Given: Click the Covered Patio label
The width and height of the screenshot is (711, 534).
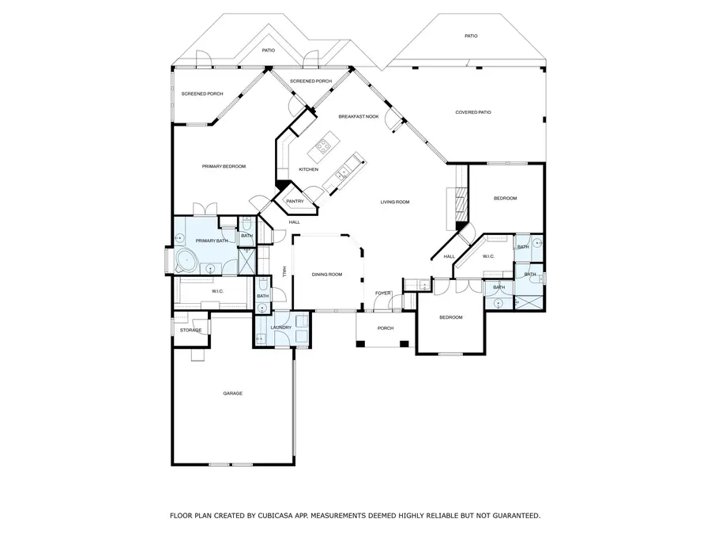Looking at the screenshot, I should point(473,112).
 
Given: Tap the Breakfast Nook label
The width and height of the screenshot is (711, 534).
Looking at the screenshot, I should point(359,116).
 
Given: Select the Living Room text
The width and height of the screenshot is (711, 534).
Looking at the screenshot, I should point(395,202).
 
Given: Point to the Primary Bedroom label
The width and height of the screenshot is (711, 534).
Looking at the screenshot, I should point(224,166).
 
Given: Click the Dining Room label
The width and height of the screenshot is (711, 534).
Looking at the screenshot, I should point(326,274).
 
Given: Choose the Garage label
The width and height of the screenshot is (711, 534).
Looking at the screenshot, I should point(232,393).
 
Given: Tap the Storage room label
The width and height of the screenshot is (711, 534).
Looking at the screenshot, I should point(190,330).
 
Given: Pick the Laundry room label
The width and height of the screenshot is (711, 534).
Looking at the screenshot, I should point(280,328).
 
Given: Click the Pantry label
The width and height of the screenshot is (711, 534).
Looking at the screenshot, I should point(295,201).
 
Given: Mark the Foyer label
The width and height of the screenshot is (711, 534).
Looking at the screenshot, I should point(383,293).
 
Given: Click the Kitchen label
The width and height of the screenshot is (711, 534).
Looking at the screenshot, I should point(308,169).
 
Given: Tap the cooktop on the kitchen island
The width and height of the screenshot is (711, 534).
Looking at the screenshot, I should point(324,145).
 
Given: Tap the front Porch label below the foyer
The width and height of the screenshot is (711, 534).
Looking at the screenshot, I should point(385,328).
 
